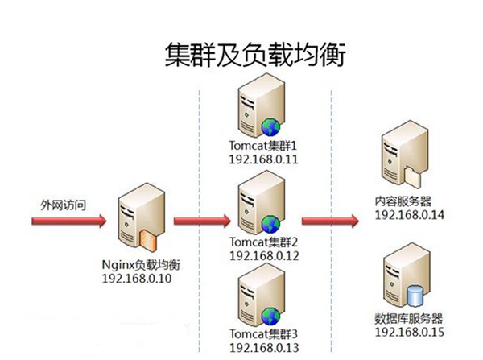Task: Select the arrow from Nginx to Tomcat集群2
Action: (x=200, y=220)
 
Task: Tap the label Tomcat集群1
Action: (x=264, y=145)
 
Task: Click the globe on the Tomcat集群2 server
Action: (x=272, y=222)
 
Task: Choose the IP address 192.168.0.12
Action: (x=264, y=255)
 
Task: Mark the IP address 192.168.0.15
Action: (x=411, y=331)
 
